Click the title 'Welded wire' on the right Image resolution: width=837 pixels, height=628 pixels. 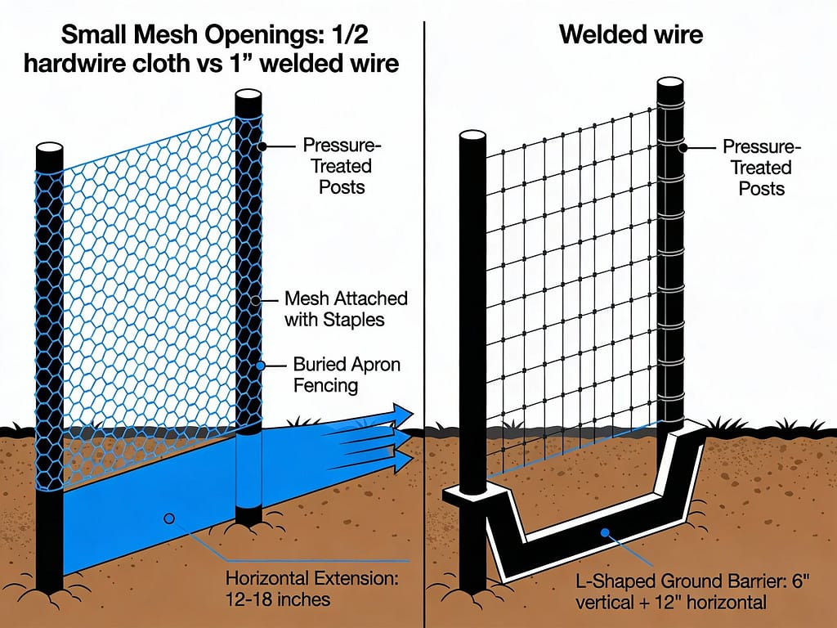[x=630, y=36]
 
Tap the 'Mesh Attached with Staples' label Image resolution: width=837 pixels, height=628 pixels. [x=346, y=308]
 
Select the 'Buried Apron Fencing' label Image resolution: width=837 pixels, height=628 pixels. [x=346, y=374]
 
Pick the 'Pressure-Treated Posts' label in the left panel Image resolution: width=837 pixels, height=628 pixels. [x=337, y=167]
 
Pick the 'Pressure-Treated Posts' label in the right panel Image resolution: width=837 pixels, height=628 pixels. [x=761, y=168]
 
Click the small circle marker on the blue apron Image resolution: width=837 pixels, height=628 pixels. [x=169, y=518]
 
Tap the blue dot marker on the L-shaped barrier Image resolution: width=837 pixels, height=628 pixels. [x=606, y=533]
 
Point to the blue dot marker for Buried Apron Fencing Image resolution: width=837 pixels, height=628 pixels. [x=262, y=366]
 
